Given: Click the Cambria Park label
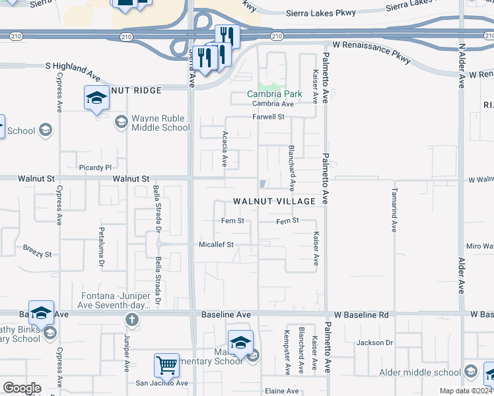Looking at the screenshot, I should point(275,94).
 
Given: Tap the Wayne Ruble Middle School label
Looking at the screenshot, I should point(160,123).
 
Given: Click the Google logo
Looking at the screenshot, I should point(22,388).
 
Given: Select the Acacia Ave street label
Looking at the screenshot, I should point(225,148).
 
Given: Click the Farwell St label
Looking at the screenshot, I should point(268,117).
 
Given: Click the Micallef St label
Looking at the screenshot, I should point(217,244).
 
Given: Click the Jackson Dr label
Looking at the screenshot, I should point(374,343).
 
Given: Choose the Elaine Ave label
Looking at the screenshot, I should point(282,391).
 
